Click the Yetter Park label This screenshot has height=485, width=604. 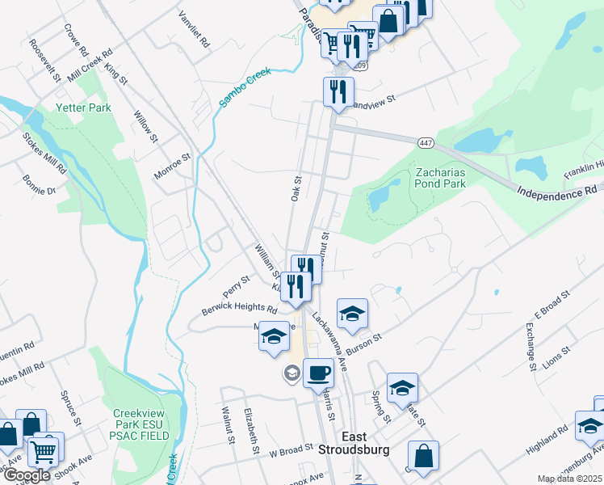(x=83, y=107)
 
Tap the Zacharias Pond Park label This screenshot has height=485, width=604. (x=441, y=178)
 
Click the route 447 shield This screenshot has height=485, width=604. (x=426, y=143)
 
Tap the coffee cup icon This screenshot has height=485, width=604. (x=318, y=373)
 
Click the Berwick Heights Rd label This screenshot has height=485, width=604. (x=240, y=310)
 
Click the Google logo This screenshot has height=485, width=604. (x=27, y=475)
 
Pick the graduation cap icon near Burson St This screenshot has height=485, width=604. (x=351, y=314)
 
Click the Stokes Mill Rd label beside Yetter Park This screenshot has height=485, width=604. (x=44, y=154)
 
